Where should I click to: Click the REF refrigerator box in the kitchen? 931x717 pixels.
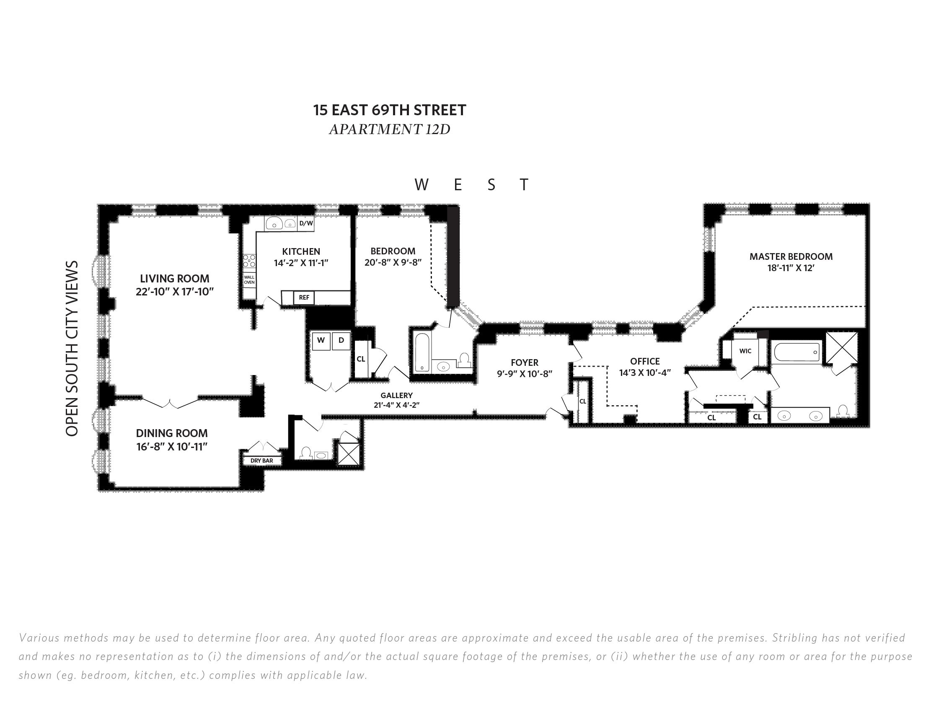304,298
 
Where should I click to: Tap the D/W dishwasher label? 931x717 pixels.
305,223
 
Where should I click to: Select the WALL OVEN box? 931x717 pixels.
249,280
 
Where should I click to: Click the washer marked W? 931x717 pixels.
321,341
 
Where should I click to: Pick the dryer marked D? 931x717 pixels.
341,341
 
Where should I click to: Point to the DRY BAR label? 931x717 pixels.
262,461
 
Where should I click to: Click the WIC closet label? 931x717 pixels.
745,351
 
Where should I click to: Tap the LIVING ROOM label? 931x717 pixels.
175,279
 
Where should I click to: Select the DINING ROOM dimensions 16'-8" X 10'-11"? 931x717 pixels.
172,447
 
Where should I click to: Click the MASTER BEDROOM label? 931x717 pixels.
791,256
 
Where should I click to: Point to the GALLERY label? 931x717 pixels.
396,396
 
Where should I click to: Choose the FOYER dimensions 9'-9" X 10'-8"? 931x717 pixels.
524,374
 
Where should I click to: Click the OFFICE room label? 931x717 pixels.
645,362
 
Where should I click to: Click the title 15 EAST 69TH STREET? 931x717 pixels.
390,110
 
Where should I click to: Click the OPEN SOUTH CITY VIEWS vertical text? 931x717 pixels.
72,348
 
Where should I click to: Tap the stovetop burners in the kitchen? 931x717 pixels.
249,261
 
